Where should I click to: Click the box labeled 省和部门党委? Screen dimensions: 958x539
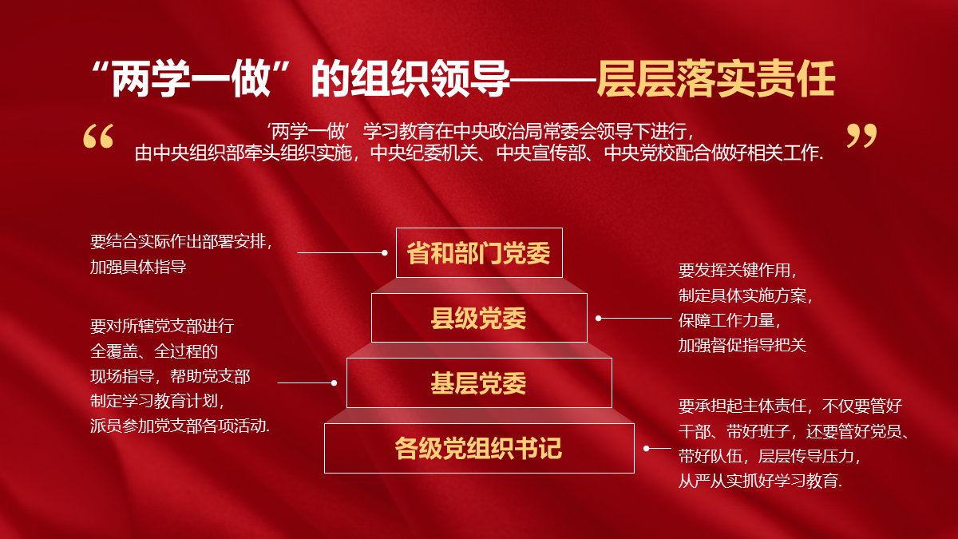point(479,253)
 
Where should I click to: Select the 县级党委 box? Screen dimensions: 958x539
point(479,318)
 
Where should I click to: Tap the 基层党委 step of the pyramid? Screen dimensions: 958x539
point(479,382)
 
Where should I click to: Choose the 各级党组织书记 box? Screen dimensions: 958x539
point(479,448)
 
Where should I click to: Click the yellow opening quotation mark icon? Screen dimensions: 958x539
point(98,136)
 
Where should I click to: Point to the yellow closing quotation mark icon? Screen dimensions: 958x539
point(861,136)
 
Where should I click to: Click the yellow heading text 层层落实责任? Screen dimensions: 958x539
point(716,79)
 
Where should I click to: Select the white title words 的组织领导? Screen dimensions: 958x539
point(410,79)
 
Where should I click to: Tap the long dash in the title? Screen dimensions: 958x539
point(554,80)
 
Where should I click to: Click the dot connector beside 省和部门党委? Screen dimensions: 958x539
point(385,253)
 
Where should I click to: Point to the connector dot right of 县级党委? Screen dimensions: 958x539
point(599,319)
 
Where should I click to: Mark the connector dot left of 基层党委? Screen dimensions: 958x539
point(334,382)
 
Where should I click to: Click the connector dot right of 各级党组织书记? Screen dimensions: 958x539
point(646,448)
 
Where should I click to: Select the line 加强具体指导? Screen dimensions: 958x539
point(138,267)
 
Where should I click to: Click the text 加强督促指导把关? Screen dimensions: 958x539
point(742,345)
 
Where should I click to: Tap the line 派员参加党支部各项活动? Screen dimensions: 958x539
point(180,426)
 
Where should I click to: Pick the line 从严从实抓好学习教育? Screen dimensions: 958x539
point(760,481)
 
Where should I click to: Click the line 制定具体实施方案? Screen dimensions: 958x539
point(745,295)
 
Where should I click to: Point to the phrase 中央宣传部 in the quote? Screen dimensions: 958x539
point(541,153)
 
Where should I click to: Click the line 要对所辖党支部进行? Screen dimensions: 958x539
point(162,326)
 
